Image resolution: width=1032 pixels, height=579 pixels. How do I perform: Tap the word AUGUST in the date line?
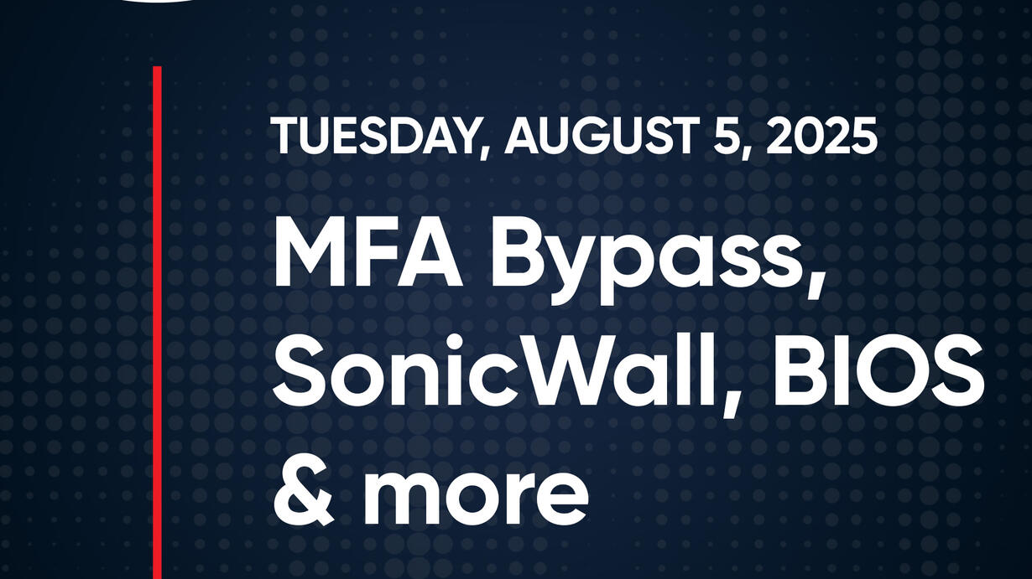point(599,136)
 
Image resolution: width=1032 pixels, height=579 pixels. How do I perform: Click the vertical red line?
point(157,322)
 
